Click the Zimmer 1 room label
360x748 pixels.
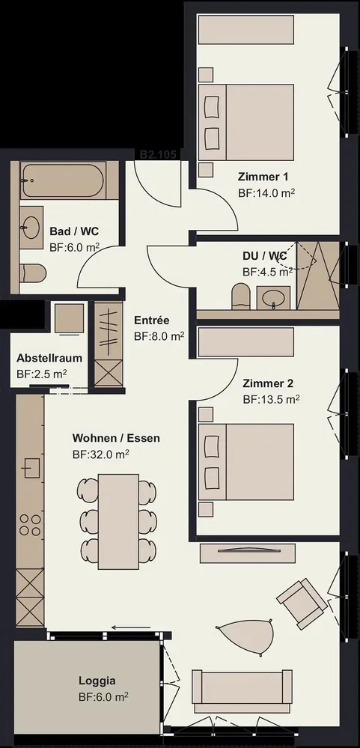point(263,177)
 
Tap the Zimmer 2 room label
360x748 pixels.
point(268,383)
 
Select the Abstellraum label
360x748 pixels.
point(49,358)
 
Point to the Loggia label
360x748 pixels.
point(97,681)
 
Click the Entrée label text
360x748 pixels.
point(152,320)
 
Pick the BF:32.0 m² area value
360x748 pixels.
point(101,454)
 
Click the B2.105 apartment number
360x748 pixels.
point(158,154)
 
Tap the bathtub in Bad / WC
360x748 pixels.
point(62,180)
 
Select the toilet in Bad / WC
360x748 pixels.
point(34,273)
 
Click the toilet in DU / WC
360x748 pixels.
point(241,297)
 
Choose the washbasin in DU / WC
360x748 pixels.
point(274,298)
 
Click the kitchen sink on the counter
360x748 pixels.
point(32,467)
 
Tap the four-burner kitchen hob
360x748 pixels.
point(29,524)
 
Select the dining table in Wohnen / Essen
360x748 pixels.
point(118,521)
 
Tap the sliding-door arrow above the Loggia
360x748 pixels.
point(130,627)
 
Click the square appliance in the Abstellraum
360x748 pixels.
point(69,318)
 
